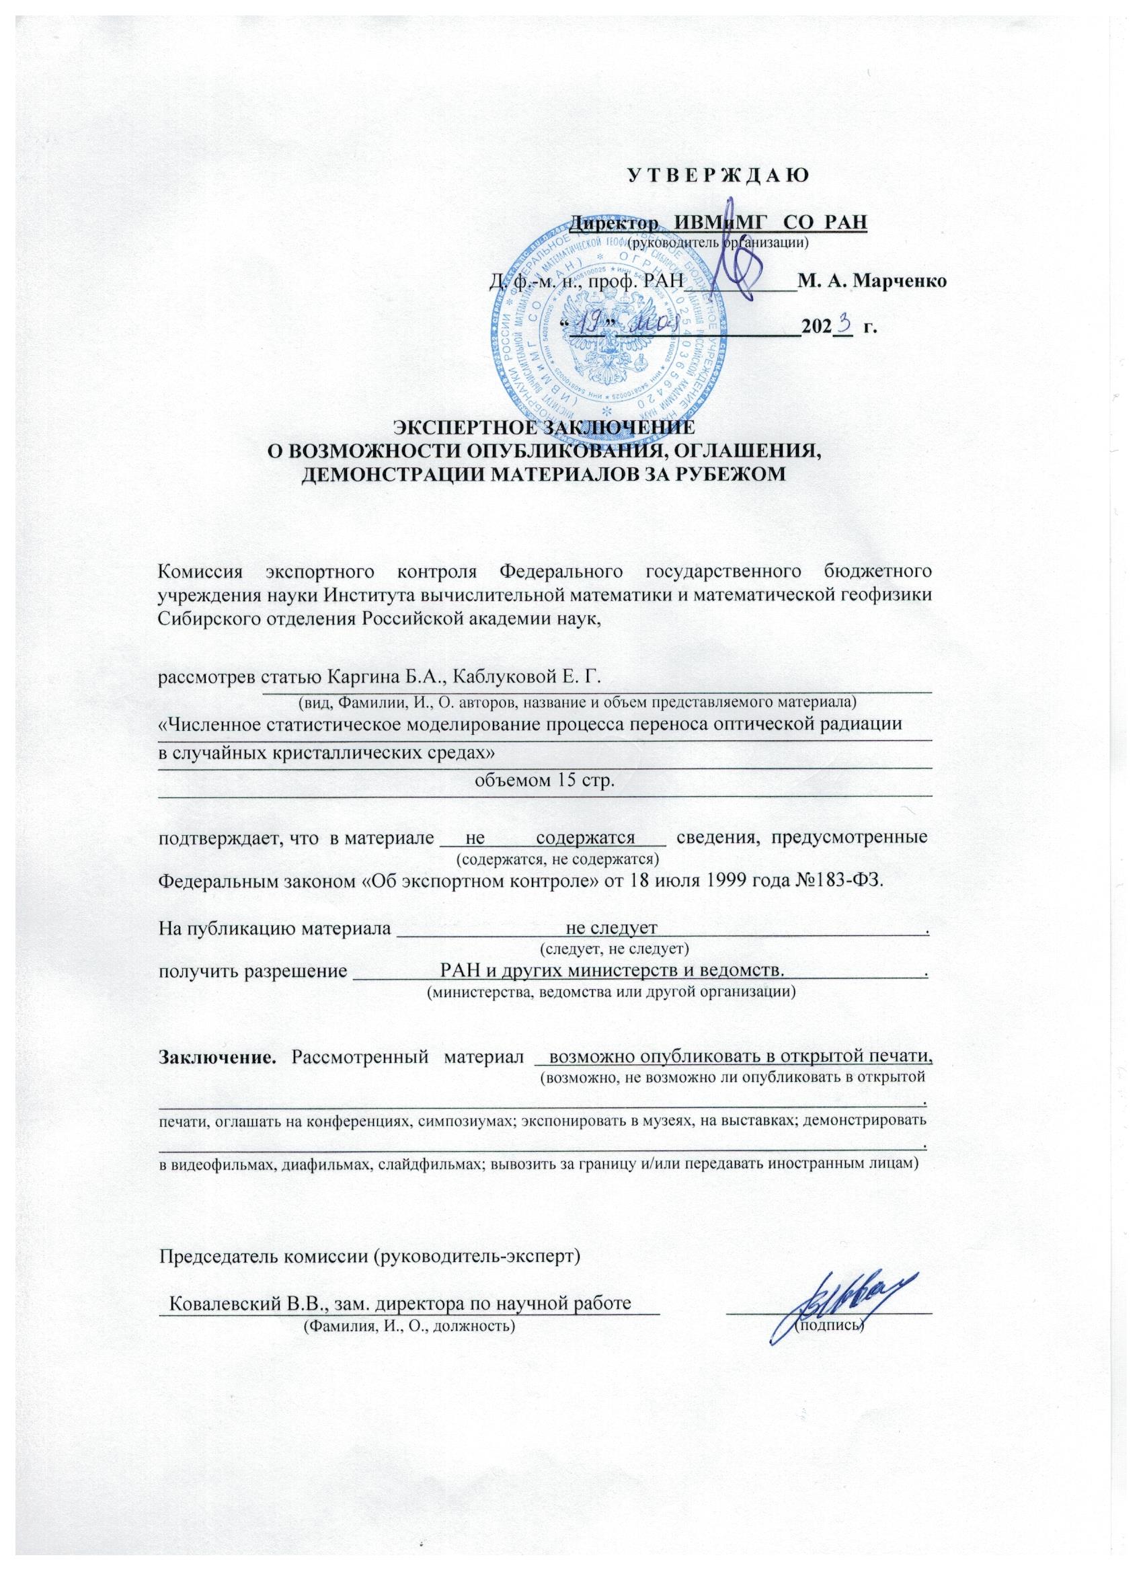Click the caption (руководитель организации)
717,243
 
